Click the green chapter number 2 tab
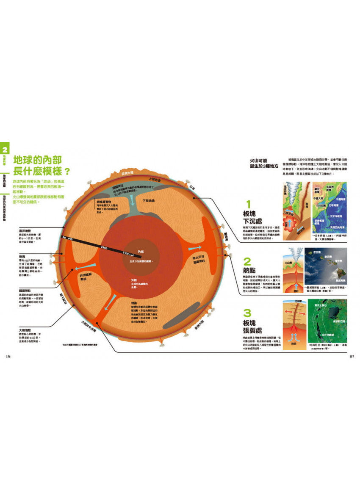tap(5, 149)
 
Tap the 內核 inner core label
tap(136, 252)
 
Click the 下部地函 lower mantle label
tap(148, 200)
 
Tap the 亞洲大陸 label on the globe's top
tap(127, 173)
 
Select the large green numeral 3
tap(248, 313)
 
